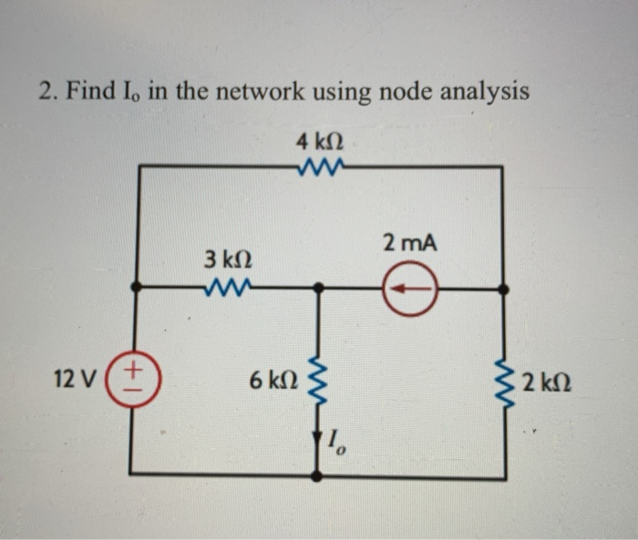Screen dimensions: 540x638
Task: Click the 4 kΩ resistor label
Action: click(319, 142)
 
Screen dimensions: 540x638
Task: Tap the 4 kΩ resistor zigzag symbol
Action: click(320, 167)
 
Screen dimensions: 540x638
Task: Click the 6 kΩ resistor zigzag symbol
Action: click(317, 380)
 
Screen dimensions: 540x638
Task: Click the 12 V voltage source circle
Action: click(138, 381)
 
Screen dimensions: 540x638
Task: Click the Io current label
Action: click(334, 445)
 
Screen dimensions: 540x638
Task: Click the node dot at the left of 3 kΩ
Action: click(136, 287)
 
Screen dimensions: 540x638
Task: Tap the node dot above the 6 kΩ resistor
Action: click(317, 288)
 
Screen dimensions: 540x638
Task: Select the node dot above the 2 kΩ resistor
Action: click(504, 289)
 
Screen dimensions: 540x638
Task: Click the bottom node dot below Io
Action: click(317, 475)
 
